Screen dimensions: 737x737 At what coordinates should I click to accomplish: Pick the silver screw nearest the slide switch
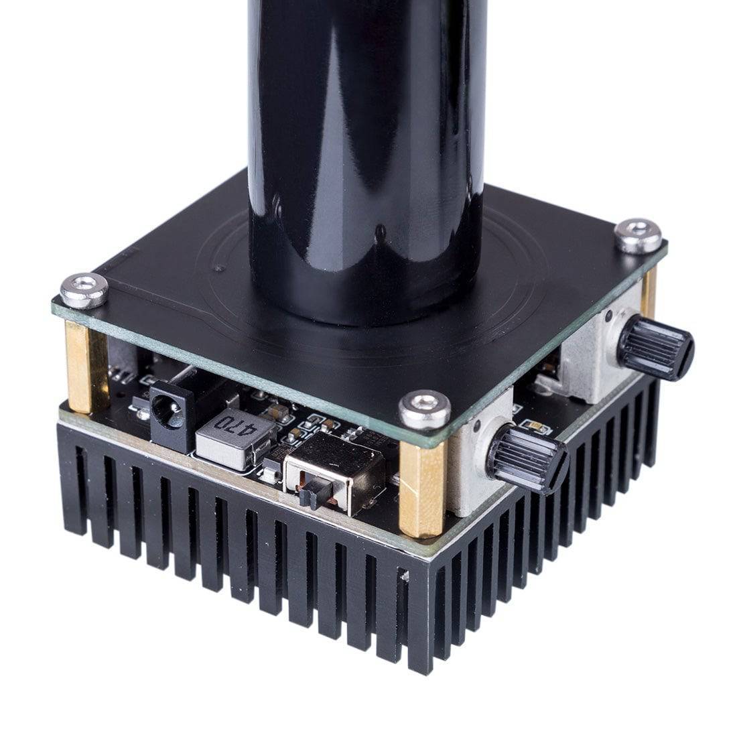pyautogui.click(x=424, y=409)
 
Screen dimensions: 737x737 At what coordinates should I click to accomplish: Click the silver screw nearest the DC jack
pyautogui.click(x=84, y=289)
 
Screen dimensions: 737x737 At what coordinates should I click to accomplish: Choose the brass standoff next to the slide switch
pyautogui.click(x=421, y=489)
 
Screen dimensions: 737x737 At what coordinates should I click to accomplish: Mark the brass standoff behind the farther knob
pyautogui.click(x=648, y=295)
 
